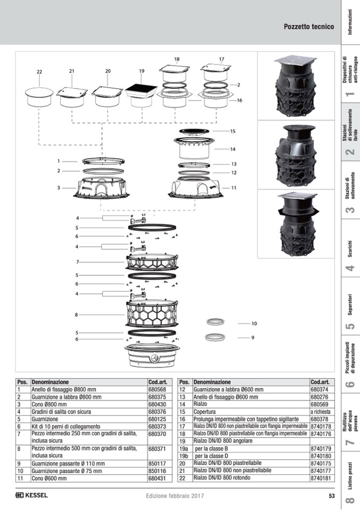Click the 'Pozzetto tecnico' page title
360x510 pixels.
(308, 27)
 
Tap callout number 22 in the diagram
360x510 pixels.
(39, 72)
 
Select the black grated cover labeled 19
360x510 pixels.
(141, 89)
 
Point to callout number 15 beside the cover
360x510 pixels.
(232, 131)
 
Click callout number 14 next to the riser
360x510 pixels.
(232, 149)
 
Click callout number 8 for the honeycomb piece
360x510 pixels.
(77, 315)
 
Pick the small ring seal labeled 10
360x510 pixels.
(215, 322)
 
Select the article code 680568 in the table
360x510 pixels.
(157, 389)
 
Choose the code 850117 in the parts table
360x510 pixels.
(157, 464)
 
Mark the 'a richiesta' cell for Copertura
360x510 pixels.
(320, 412)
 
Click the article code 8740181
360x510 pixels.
(321, 478)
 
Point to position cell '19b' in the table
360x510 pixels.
(184, 456)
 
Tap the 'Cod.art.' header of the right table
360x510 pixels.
(320, 382)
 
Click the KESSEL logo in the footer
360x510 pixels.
(31, 495)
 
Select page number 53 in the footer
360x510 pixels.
(332, 496)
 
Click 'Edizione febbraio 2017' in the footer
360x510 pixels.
(175, 496)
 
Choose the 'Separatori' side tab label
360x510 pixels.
(350, 305)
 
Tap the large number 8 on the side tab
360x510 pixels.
(350, 500)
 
